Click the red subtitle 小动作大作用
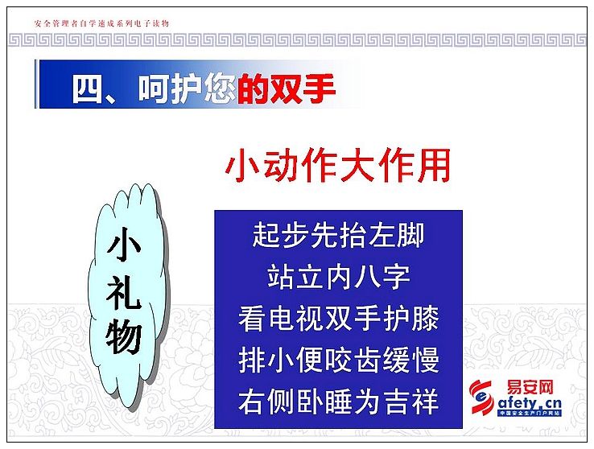tap(337, 166)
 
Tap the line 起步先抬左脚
tap(338, 235)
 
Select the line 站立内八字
tap(338, 277)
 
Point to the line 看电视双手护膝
tap(338, 319)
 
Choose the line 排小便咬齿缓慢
tap(338, 360)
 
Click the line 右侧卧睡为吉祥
tap(338, 402)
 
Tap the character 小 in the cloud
tap(124, 245)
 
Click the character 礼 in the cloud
tap(124, 292)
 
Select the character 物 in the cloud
tap(124, 338)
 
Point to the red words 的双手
tap(287, 89)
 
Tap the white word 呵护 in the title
tap(169, 89)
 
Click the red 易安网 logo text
tap(530, 388)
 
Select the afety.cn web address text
tap(530, 404)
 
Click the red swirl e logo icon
tap(481, 398)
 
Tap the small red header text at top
tap(101, 23)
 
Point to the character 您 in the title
tap(219, 89)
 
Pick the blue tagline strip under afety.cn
tap(530, 414)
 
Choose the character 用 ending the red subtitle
tap(434, 166)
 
